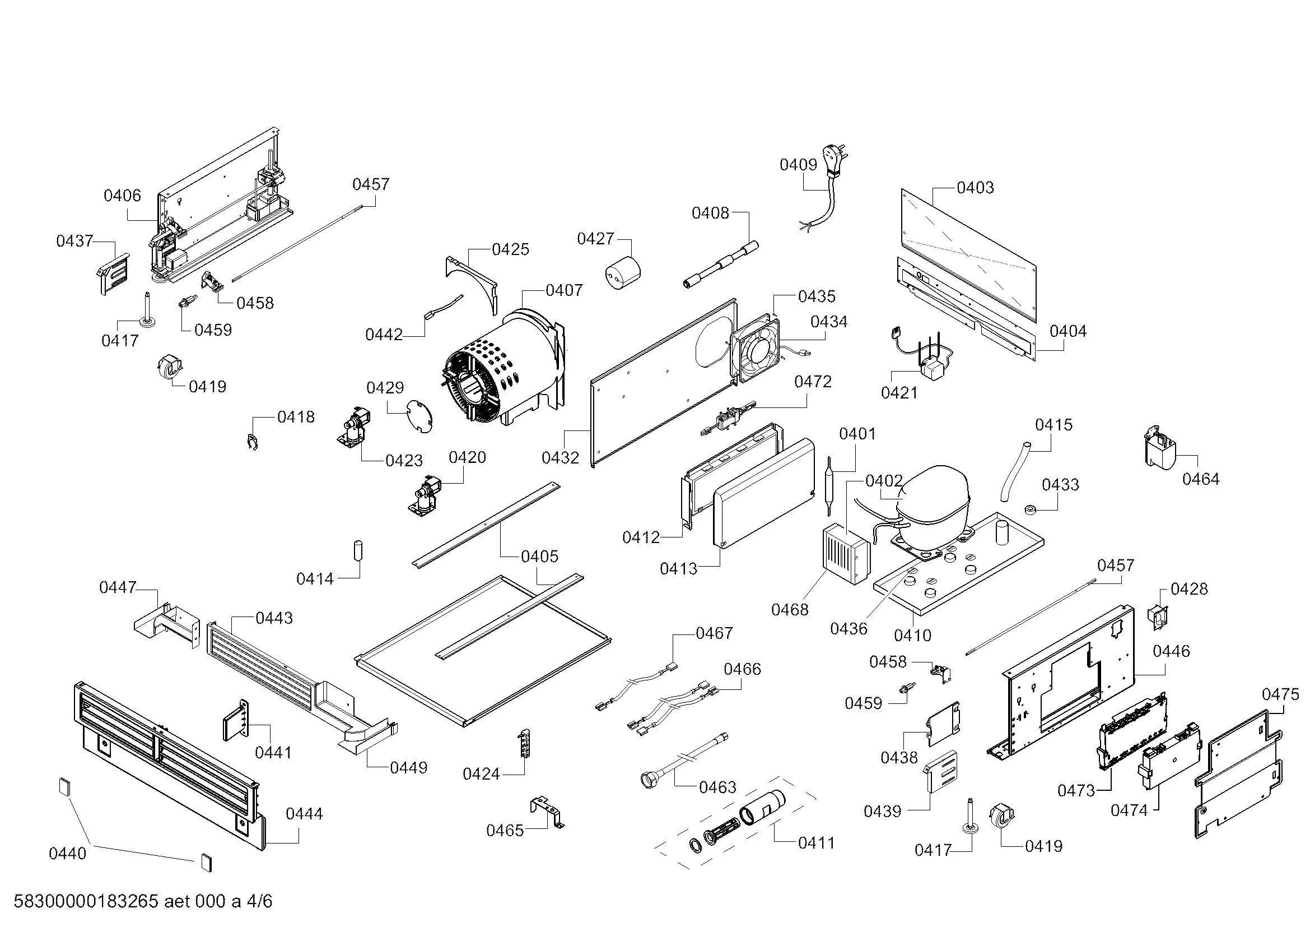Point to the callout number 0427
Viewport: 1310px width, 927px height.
tap(595, 239)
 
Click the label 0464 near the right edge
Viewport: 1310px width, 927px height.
tap(1200, 479)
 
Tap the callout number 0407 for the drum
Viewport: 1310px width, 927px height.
tap(564, 290)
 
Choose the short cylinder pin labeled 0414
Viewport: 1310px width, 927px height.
tap(358, 551)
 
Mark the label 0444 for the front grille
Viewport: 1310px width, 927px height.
tap(304, 813)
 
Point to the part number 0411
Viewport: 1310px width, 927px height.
tap(816, 842)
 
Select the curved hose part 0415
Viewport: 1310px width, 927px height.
tap(1013, 472)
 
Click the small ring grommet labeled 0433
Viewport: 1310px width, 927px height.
tap(1031, 508)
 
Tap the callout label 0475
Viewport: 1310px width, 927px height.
tap(1280, 694)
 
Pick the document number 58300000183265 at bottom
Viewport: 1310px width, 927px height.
tap(86, 901)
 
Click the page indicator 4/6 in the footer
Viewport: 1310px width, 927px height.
tap(259, 901)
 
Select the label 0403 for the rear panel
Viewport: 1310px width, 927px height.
tap(975, 187)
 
